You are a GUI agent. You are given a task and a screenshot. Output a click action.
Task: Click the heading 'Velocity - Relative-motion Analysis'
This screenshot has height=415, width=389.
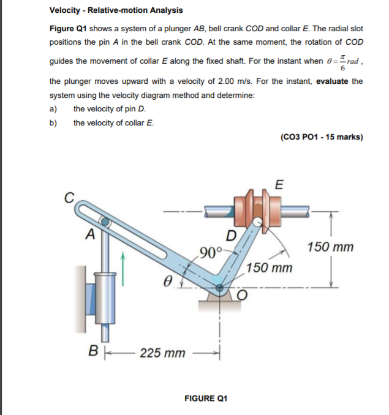tap(116, 10)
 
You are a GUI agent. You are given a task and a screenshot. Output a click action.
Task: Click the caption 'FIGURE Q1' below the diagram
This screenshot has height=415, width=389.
tap(205, 398)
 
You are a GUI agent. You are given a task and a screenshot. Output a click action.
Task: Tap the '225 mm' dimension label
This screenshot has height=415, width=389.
tap(162, 353)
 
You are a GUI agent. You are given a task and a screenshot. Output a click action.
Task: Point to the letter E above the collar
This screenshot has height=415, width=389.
tap(280, 185)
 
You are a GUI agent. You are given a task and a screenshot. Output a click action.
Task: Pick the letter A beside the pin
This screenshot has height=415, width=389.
tap(90, 232)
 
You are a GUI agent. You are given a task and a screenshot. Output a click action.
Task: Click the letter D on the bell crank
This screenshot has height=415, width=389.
tap(231, 236)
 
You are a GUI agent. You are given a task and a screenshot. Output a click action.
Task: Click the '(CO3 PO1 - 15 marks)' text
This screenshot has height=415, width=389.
tap(321, 137)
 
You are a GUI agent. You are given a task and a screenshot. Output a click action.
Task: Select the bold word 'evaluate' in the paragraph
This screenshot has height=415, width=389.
tap(333, 81)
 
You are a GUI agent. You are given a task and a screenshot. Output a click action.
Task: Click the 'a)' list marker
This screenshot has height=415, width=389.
tap(53, 109)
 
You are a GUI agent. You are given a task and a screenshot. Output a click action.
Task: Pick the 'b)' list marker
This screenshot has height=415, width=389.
tap(53, 122)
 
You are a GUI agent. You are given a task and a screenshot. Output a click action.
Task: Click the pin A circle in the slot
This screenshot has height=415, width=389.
tap(106, 222)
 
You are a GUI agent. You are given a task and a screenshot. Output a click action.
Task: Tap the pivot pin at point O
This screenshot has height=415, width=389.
tap(219, 285)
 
